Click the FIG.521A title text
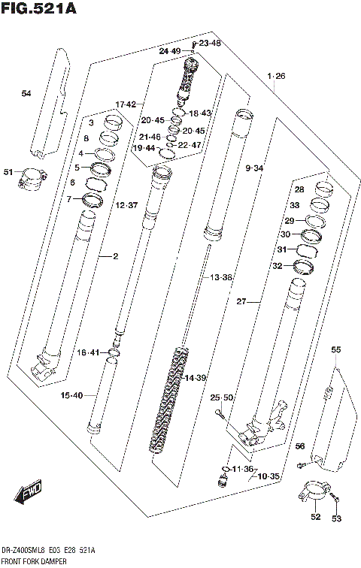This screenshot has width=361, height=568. coord(38,9)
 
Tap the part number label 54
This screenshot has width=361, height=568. coord(26,93)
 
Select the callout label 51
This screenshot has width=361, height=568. coord(8,172)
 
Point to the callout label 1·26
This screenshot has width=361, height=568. coord(276,77)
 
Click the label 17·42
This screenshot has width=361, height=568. coord(125,104)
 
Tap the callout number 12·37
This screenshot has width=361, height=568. coord(127,205)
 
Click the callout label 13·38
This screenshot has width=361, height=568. coord(222,278)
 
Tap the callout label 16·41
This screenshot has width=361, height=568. coord(89,352)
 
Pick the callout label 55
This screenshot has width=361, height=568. coord(335,349)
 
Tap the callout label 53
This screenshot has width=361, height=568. coord(336,518)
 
